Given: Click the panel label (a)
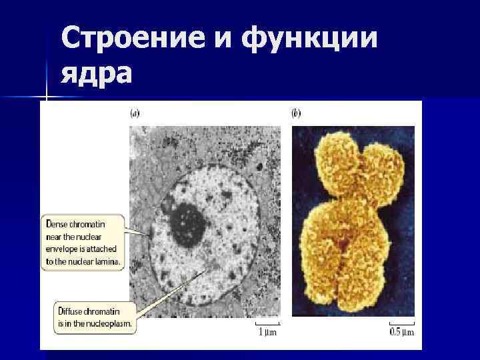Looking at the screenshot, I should pos(135,113).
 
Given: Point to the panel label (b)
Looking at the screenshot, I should pos(297,113).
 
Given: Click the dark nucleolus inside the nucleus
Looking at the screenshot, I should pos(187,223).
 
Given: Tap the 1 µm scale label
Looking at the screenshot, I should pos(267,331).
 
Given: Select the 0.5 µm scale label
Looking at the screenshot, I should pos(401,331).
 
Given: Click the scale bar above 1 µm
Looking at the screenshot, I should pos(267,323).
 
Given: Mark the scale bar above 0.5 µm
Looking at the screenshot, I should pos(402,323).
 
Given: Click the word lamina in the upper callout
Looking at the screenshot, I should pos(109,262).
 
